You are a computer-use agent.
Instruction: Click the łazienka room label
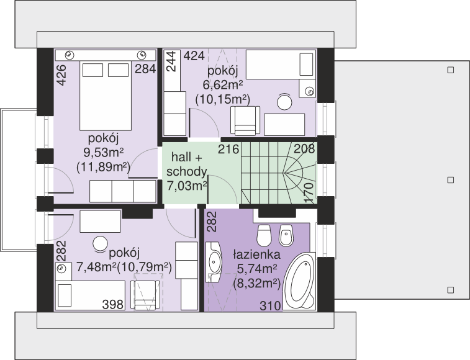pyautogui.click(x=257, y=254)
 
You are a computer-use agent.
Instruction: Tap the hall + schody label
pyautogui.click(x=187, y=164)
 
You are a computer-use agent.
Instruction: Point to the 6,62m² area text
pyautogui.click(x=223, y=85)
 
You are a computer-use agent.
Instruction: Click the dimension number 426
pyautogui.click(x=61, y=75)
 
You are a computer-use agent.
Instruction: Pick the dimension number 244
pyautogui.click(x=171, y=61)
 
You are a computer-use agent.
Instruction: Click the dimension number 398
pyautogui.click(x=113, y=305)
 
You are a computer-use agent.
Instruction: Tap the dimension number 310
pyautogui.click(x=270, y=306)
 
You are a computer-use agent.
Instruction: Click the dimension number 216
pyautogui.click(x=228, y=149)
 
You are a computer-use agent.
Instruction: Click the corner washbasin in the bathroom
pyautogui.click(x=214, y=262)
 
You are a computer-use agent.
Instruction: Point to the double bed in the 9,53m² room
pyautogui.click(x=106, y=96)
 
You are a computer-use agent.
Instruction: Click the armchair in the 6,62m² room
pyautogui.click(x=245, y=120)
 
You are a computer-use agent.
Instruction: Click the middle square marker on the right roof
pyautogui.click(x=450, y=180)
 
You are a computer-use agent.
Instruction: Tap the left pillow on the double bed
pyautogui.click(x=93, y=70)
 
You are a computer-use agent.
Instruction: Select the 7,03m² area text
pyautogui.click(x=187, y=186)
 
